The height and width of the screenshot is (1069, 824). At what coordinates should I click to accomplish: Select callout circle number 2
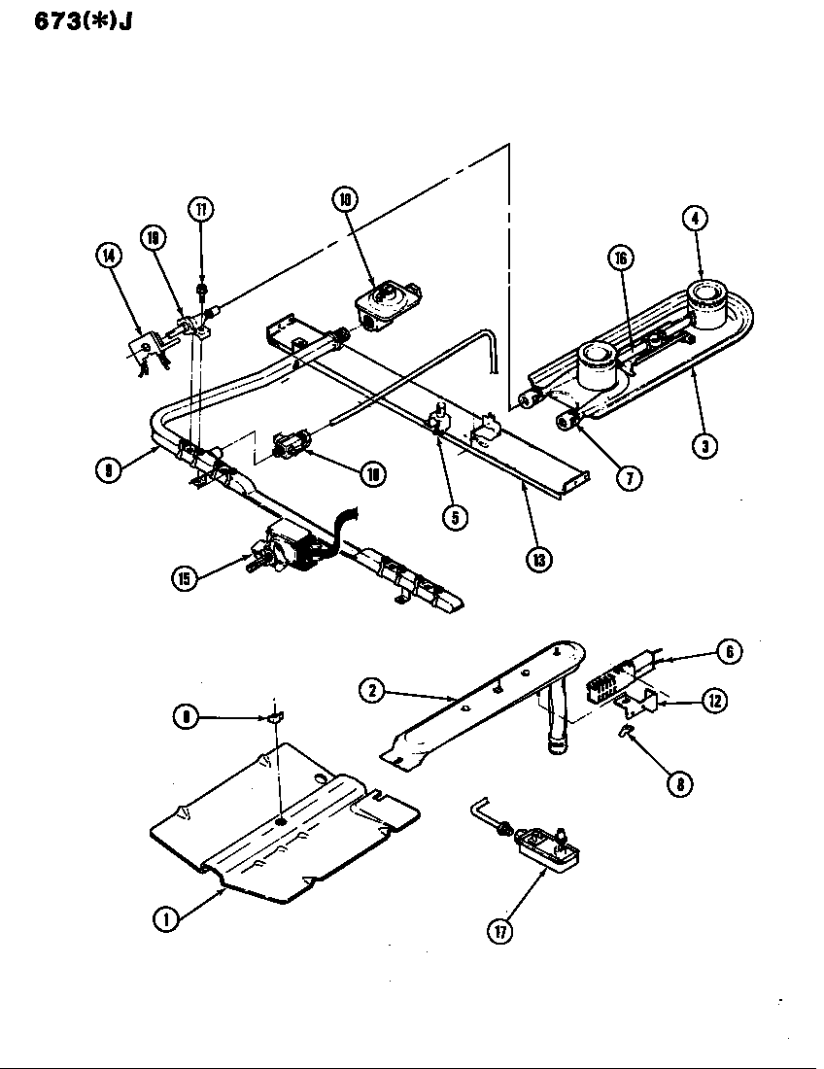tap(369, 691)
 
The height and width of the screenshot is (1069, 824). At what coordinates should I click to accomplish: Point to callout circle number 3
tap(706, 446)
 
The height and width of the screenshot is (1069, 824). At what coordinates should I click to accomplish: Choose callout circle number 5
tap(454, 517)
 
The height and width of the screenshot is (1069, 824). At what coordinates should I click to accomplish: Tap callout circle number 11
tap(201, 210)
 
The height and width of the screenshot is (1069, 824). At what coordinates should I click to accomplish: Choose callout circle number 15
tap(185, 578)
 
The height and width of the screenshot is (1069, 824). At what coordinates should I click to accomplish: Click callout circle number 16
tap(621, 257)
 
